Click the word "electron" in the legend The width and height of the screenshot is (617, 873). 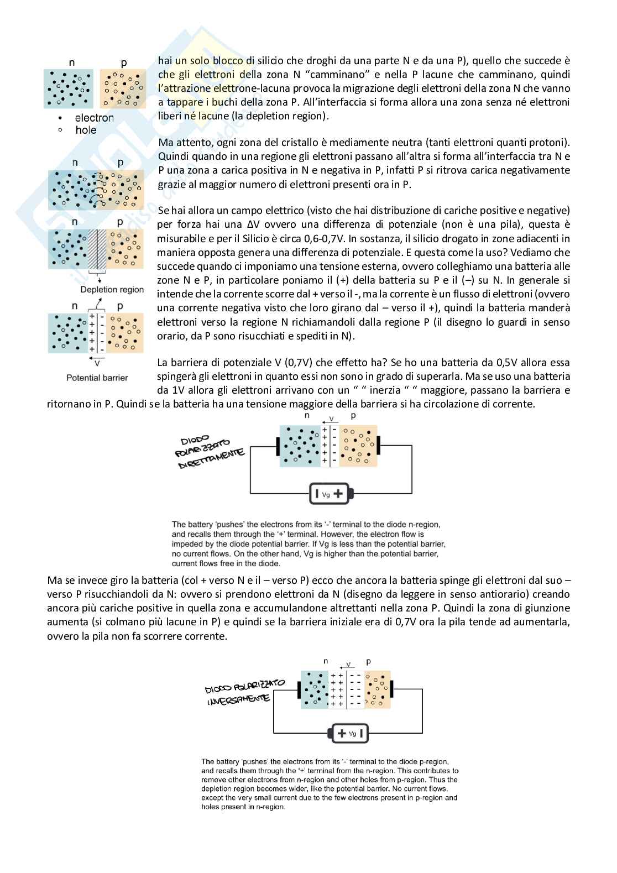(94, 118)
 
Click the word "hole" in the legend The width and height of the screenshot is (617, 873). (86, 130)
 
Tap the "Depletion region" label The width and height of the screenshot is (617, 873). (112, 290)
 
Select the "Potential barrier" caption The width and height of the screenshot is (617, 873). (97, 378)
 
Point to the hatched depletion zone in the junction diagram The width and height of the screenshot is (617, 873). (97, 249)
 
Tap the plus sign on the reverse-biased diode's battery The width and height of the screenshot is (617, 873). (342, 733)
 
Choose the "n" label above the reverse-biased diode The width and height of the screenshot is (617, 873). (326, 661)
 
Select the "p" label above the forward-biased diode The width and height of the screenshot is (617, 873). (353, 415)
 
